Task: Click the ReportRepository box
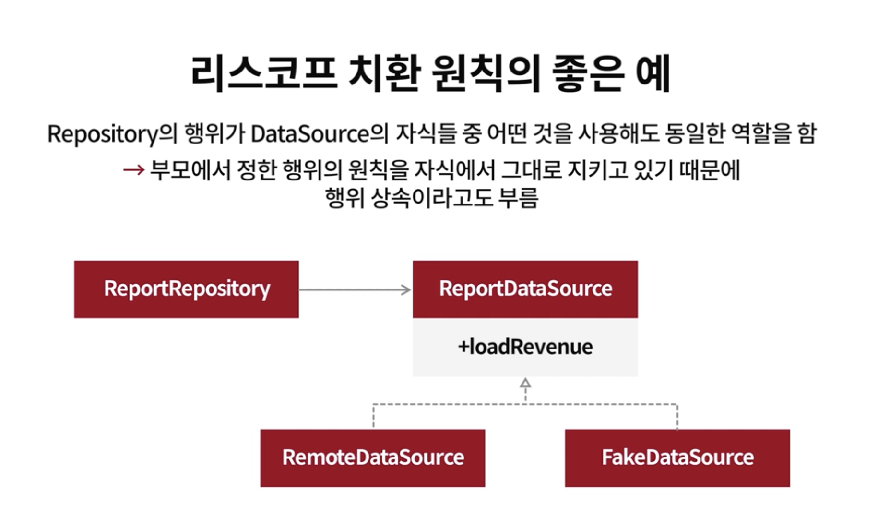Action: click(x=186, y=289)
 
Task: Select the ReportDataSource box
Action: click(x=525, y=289)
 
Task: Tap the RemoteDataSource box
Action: click(x=372, y=458)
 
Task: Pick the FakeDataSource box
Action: click(x=677, y=458)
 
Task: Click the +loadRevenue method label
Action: click(x=525, y=347)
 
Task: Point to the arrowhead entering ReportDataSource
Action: click(x=406, y=289)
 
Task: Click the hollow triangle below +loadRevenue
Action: click(x=525, y=383)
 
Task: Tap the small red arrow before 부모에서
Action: click(x=133, y=170)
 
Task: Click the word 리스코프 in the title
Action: click(x=264, y=73)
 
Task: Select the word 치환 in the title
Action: click(x=385, y=73)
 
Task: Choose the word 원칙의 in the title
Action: click(x=486, y=73)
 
